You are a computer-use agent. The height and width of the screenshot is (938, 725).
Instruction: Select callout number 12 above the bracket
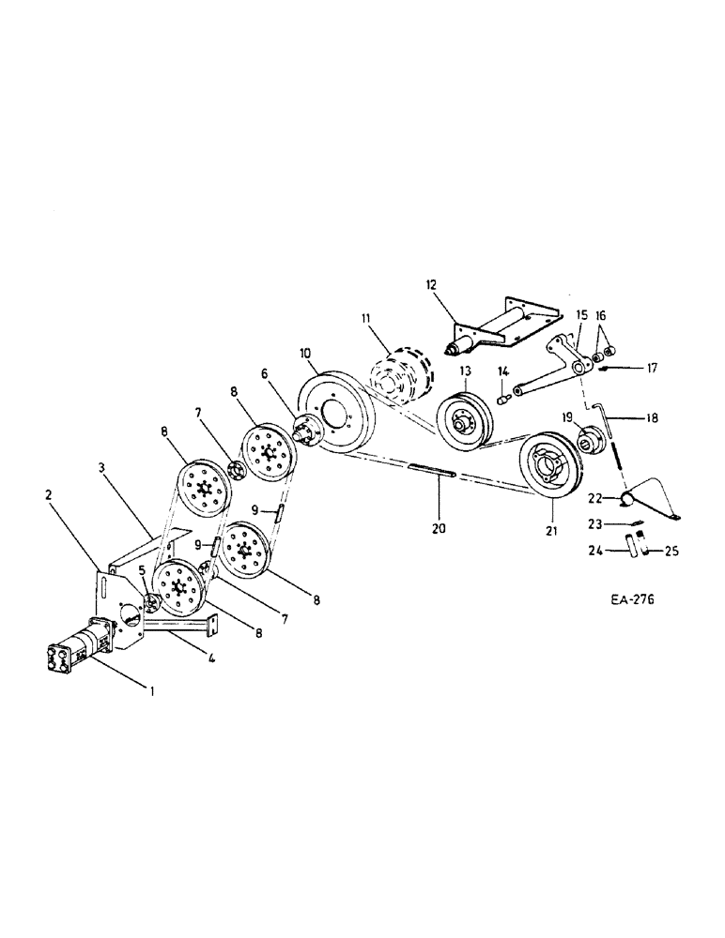click(x=432, y=285)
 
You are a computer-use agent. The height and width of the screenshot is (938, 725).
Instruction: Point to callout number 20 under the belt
click(x=440, y=528)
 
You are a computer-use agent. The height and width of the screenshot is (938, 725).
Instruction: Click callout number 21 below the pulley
click(x=552, y=532)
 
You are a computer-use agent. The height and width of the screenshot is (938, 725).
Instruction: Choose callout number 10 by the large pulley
click(x=305, y=354)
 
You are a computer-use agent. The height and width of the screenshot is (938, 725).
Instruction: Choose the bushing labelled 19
click(x=594, y=437)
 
